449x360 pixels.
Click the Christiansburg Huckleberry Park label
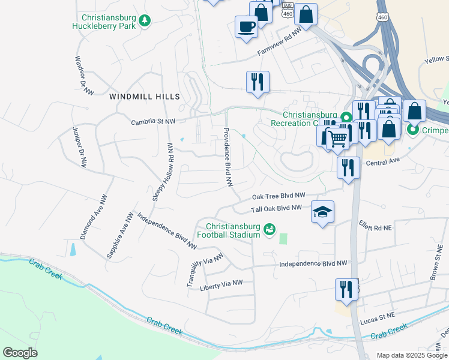click(104, 22)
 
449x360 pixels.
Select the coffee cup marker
click(247, 27)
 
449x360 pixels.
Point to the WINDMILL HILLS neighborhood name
click(144, 97)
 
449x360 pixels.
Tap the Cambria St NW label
click(154, 121)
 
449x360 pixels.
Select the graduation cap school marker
click(322, 212)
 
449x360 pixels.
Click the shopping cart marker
click(338, 137)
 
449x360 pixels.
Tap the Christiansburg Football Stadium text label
click(232, 230)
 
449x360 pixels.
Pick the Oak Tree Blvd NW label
click(279, 196)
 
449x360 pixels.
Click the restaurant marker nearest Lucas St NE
click(346, 289)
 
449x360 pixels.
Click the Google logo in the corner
click(20, 353)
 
